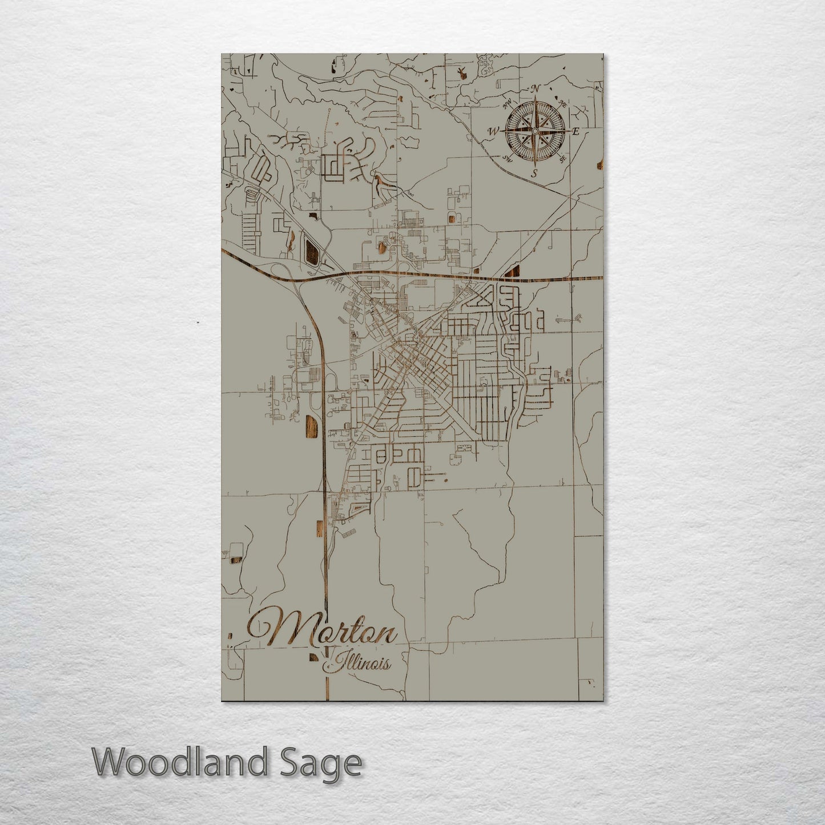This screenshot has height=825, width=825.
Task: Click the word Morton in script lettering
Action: (x=323, y=631)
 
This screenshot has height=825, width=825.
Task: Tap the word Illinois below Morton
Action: (x=359, y=663)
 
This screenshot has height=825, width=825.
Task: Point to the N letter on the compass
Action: (x=536, y=88)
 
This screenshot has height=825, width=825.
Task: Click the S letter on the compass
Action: (x=534, y=173)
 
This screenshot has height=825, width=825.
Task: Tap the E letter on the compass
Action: (x=576, y=131)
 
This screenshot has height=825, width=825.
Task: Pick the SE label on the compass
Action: (x=563, y=159)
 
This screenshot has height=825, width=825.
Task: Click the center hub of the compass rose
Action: (x=534, y=131)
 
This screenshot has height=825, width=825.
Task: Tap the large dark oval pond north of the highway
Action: (x=312, y=251)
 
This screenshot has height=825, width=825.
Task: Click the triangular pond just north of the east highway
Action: (x=513, y=271)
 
